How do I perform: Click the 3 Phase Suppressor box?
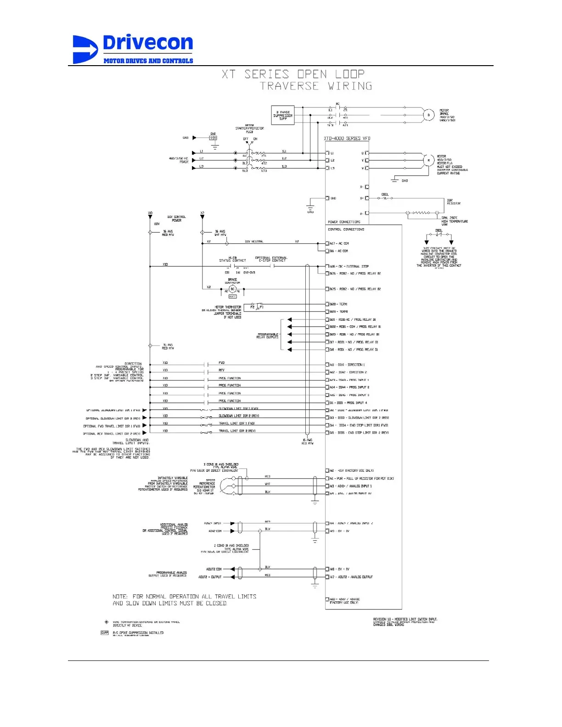pos(282,115)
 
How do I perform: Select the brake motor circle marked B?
pos(428,115)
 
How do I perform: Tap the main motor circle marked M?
pos(428,160)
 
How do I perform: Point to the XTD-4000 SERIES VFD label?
pos(347,138)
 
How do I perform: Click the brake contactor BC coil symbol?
pos(232,289)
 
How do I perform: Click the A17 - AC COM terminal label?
pos(339,243)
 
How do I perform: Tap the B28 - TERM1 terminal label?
pos(339,304)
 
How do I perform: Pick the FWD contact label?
pos(222,363)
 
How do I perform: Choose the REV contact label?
pos(222,370)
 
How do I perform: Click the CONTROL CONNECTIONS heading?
pos(346,229)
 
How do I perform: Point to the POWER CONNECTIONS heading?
pos(344,222)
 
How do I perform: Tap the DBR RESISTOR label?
pos(454,202)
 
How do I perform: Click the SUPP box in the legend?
pos(105,633)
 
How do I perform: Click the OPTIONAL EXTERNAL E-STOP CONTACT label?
pos(271,259)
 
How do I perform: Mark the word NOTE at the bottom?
pos(120,597)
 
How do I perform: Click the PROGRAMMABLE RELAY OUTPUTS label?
pos(268,336)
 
